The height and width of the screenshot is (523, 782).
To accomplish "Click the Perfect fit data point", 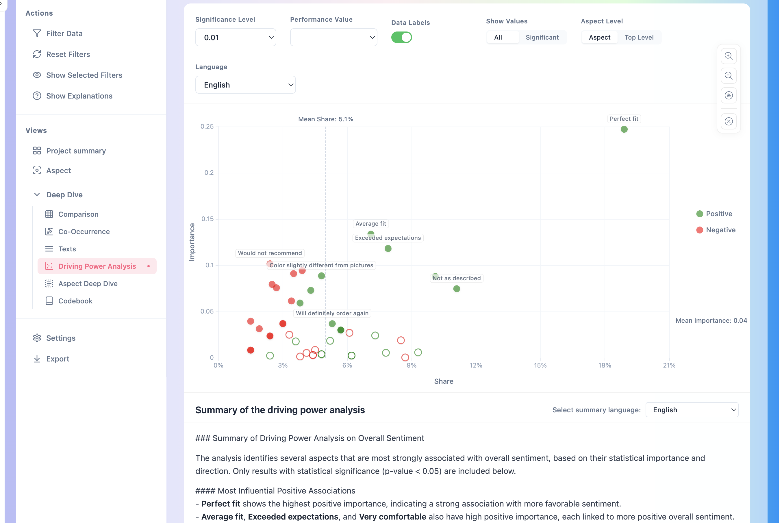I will coord(624,129).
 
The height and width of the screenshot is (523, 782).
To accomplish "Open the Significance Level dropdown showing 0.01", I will coord(236,37).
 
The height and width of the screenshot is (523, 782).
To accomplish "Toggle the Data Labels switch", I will coord(401,37).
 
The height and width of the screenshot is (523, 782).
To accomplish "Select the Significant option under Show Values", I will coord(542,37).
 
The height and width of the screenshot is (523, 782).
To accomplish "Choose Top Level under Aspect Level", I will coord(639,37).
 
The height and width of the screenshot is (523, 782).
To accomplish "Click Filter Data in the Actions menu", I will coord(64,33).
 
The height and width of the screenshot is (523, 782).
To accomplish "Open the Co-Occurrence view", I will coord(84,231).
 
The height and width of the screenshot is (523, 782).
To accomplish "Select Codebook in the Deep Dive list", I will coord(75,301).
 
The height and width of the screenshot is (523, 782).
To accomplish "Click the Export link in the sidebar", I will coord(58,359).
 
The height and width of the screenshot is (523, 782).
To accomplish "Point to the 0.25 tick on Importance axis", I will coord(207,126).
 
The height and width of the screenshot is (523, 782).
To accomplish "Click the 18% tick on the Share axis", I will coord(605,365).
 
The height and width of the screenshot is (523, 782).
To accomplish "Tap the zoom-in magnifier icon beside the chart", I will coord(728,56).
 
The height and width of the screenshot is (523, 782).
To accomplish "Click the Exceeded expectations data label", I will coord(388,238).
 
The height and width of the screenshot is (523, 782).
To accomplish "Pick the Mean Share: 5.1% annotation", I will coord(325,119).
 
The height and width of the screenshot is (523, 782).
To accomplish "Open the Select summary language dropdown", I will coord(692,410).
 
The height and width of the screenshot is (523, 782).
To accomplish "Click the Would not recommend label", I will coord(270,253).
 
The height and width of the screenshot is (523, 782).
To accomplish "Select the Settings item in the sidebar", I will coord(61,338).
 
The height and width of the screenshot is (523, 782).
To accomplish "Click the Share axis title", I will coord(443,381).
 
